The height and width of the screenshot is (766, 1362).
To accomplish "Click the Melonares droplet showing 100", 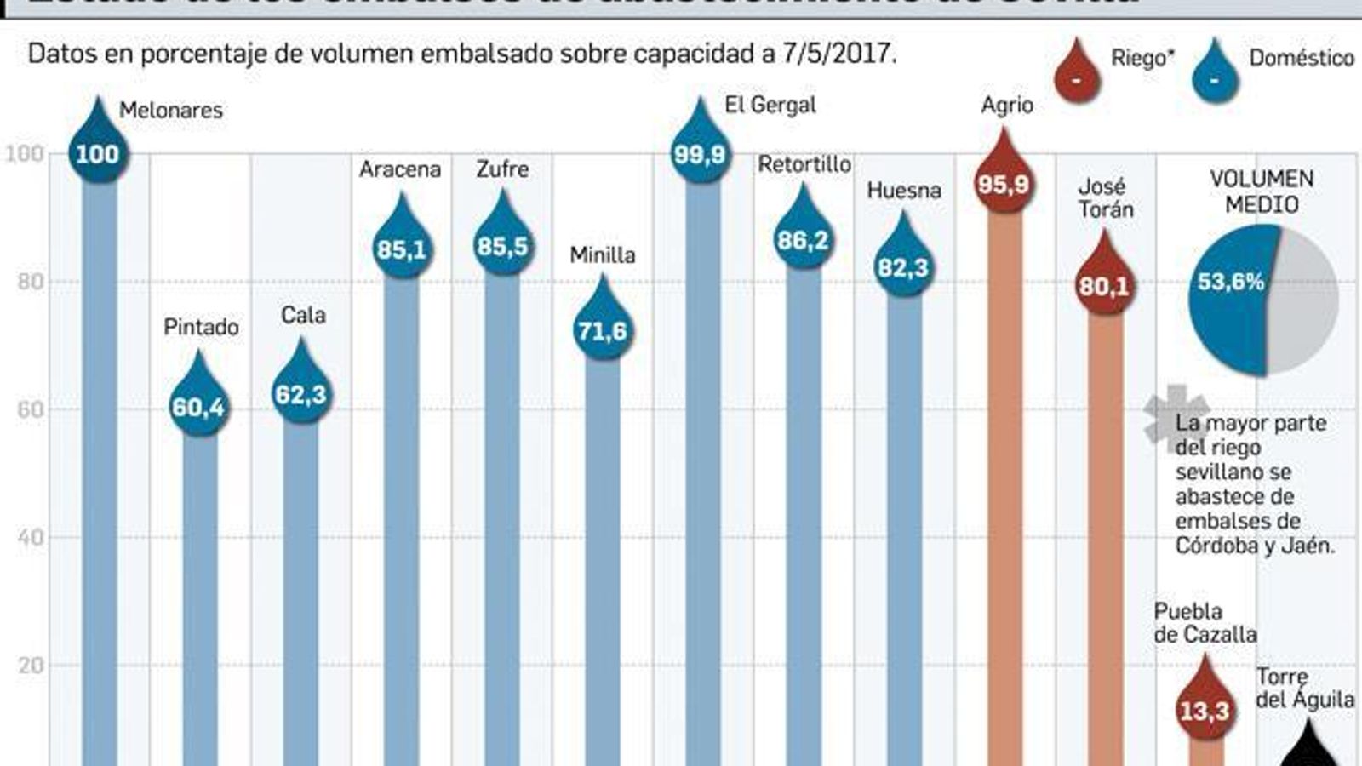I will tap(98, 151).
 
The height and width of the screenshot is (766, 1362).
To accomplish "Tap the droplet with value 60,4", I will tap(198, 404).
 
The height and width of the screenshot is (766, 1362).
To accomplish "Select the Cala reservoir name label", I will tap(303, 315).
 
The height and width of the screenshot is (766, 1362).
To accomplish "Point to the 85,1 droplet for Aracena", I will tap(401, 246).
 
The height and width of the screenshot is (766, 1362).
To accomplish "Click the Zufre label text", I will tap(502, 169).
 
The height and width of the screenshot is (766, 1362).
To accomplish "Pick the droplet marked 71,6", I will tap(602, 328).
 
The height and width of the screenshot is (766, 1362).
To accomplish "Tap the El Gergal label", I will tap(770, 105).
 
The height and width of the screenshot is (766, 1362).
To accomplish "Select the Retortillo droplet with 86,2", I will tap(803, 237).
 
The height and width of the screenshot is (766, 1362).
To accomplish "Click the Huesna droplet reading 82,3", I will tap(903, 265).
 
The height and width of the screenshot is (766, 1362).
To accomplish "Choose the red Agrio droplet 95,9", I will tap(1004, 181).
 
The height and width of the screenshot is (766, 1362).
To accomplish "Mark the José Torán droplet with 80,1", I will tap(1104, 283).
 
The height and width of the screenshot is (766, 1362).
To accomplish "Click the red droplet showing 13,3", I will tap(1205, 707).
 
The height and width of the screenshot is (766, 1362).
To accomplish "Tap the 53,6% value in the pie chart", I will tap(1230, 282).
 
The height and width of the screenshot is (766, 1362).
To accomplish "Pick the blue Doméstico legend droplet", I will tap(1215, 77).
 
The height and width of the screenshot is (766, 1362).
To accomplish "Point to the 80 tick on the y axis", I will tap(31, 282).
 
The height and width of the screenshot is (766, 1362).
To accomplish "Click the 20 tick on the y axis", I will tap(31, 666).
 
